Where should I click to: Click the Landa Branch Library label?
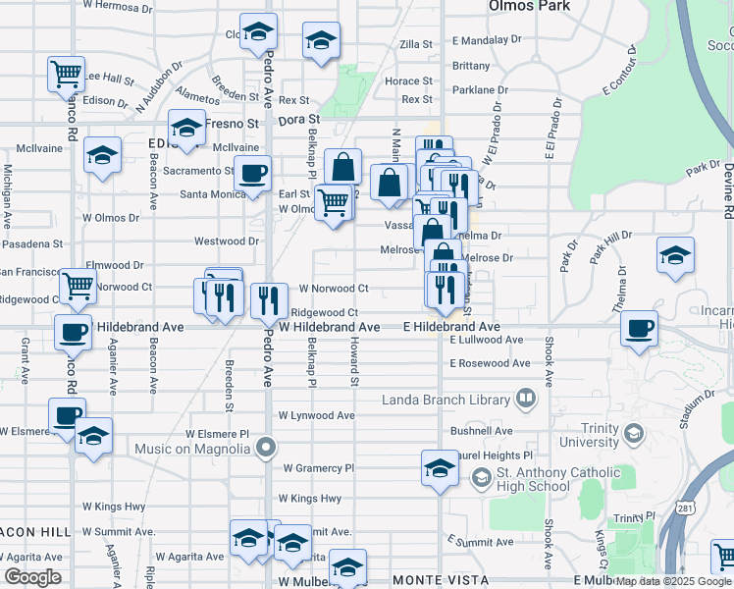coord(446,399)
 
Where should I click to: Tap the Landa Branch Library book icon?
coord(527,399)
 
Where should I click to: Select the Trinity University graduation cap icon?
coord(634,432)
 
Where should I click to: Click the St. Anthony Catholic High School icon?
coord(481,478)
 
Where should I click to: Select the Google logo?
coord(33,576)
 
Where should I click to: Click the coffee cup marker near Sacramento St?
coord(253,173)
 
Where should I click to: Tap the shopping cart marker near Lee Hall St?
coord(65,73)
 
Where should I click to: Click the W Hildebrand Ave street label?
coord(330,327)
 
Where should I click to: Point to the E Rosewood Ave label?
coord(490,363)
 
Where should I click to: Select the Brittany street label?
coord(471,66)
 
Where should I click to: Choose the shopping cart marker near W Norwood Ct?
coord(79,286)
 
